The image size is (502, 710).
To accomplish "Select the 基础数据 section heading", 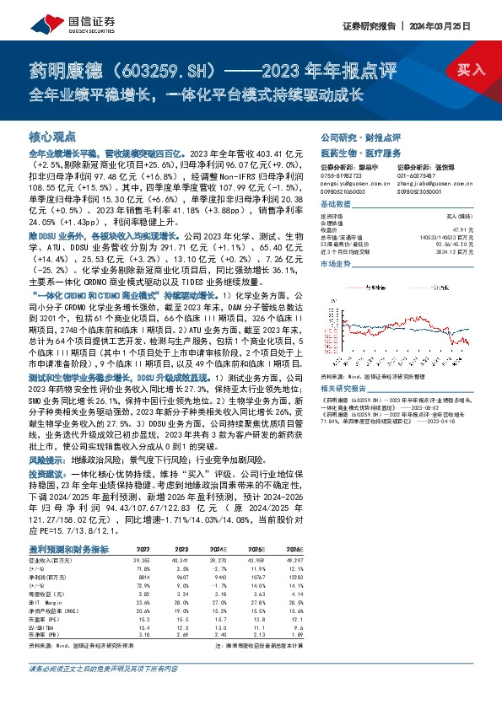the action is (336, 204).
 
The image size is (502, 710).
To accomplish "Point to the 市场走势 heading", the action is (336, 264).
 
